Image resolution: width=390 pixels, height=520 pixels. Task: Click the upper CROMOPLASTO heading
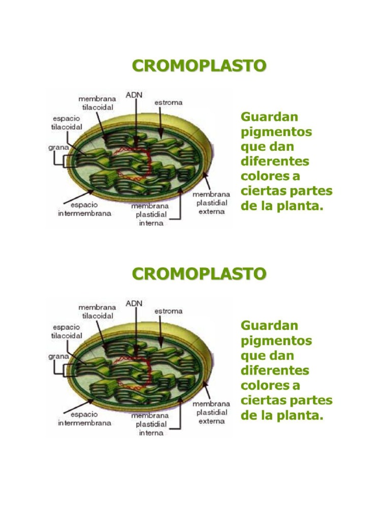click(x=199, y=66)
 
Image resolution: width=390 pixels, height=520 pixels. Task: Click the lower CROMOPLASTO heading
click(x=199, y=274)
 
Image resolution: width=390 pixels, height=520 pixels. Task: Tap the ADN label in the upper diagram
click(x=134, y=95)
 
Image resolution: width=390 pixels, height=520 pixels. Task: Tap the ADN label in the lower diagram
click(x=134, y=303)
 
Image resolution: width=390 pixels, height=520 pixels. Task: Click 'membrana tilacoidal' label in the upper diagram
click(x=96, y=103)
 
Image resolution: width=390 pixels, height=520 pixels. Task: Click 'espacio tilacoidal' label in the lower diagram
click(x=67, y=331)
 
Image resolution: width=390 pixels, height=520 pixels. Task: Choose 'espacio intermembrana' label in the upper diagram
click(x=84, y=209)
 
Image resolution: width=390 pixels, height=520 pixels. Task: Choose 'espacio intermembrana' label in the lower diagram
click(x=84, y=418)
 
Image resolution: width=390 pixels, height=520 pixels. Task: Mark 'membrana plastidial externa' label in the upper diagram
click(x=211, y=203)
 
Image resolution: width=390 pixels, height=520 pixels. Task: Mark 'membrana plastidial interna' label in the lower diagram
click(x=151, y=424)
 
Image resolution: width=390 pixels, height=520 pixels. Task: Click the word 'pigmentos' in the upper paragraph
click(x=276, y=132)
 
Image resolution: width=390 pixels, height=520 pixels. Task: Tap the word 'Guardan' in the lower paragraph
click(x=269, y=325)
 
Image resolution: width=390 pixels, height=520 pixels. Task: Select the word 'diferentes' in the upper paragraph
click(x=275, y=161)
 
